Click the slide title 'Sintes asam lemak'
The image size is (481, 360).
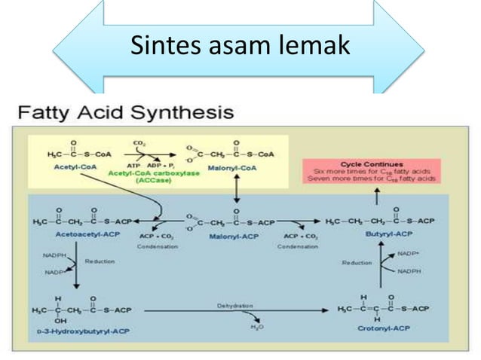(x=240, y=46)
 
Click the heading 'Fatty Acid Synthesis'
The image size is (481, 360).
(x=125, y=114)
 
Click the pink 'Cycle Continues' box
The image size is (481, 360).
(x=377, y=171)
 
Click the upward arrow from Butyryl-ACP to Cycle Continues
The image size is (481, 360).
(x=377, y=198)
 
